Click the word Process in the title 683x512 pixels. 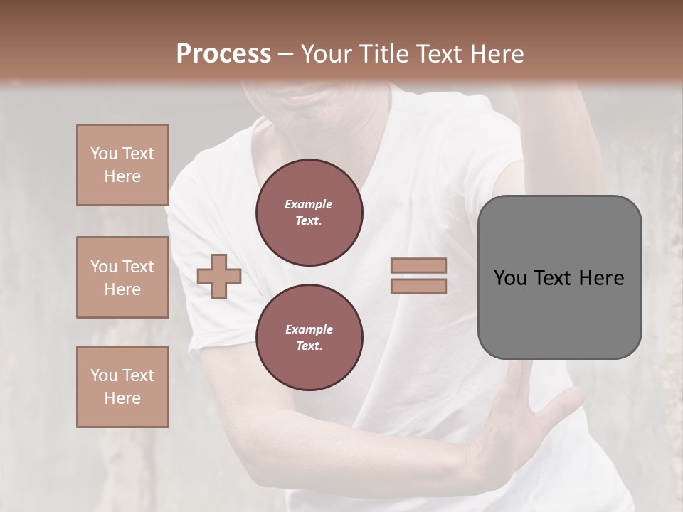click(x=223, y=53)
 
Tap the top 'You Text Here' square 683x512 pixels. click(x=122, y=165)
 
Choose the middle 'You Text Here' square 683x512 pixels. click(x=122, y=277)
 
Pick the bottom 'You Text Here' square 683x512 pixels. click(x=122, y=387)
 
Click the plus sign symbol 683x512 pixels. click(x=219, y=276)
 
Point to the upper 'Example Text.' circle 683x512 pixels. click(x=309, y=213)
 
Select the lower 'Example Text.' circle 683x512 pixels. click(x=309, y=338)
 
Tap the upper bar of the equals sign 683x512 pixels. click(x=418, y=265)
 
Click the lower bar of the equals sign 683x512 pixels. click(x=418, y=286)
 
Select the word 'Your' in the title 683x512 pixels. click(x=324, y=53)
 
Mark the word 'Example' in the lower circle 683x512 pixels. click(x=309, y=329)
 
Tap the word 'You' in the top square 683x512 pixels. click(x=103, y=154)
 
